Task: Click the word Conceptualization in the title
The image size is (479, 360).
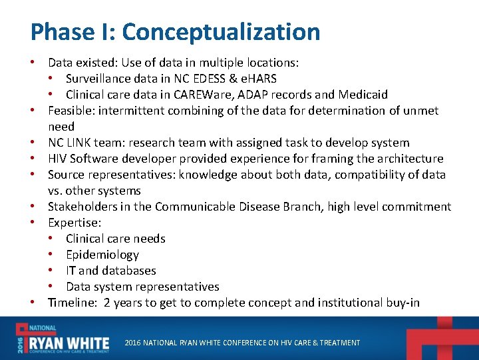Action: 221,32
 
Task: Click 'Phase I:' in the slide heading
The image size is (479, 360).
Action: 73,32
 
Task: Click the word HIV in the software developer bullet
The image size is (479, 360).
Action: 59,159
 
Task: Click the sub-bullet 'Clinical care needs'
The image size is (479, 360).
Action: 115,239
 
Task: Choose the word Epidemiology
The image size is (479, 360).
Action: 102,255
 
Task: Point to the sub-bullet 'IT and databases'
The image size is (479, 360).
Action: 110,271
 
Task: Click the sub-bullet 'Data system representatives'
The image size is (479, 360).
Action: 142,287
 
